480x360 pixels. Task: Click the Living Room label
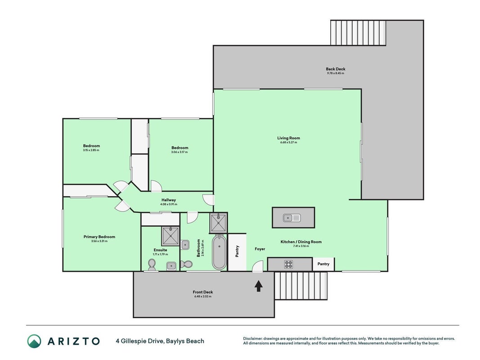289,138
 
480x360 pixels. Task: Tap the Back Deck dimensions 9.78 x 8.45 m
336,73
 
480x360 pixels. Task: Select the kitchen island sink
292,218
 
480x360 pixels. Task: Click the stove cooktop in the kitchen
288,264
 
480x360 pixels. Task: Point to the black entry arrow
259,286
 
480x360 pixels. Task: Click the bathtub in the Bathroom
219,252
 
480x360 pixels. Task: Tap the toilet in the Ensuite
152,265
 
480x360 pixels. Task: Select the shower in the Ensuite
170,236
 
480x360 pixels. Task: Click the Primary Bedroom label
99,237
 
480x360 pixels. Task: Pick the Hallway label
169,200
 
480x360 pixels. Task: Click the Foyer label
260,249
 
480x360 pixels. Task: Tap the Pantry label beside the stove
323,264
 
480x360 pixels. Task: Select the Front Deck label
202,292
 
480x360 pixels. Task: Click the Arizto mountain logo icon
34,341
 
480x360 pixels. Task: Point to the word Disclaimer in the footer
253,338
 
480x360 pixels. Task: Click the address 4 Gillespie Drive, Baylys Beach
160,341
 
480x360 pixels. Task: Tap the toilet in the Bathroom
186,264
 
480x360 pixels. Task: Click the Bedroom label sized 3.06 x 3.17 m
179,148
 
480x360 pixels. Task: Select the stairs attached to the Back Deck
358,33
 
